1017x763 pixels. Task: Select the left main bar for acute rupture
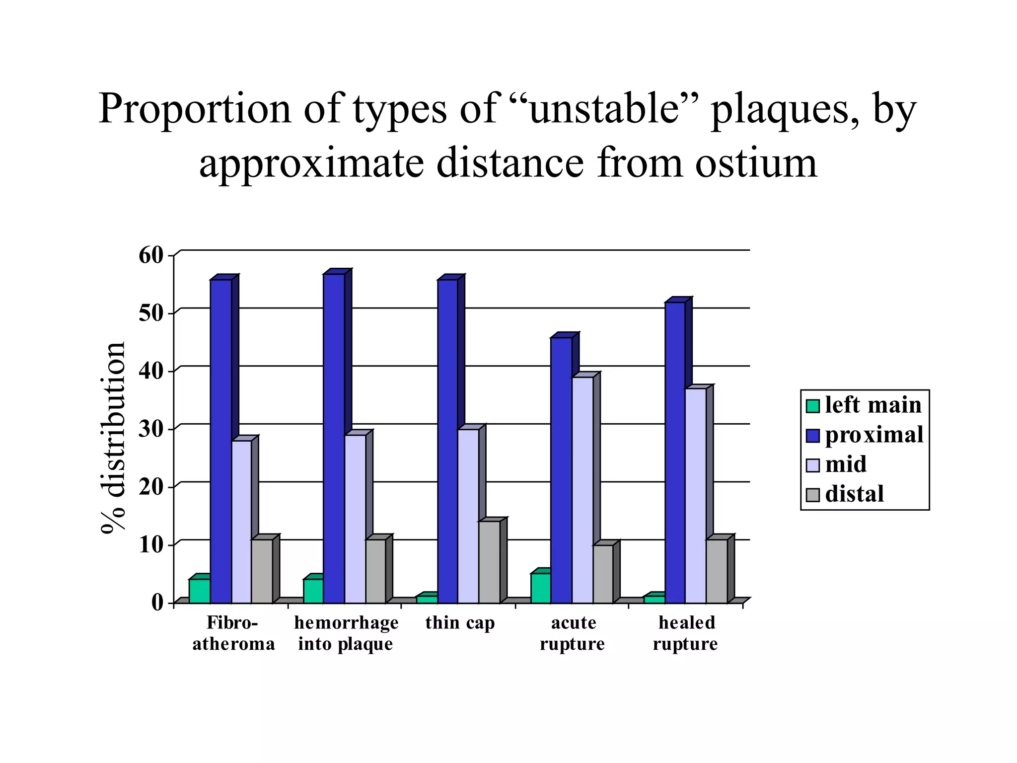click(540, 588)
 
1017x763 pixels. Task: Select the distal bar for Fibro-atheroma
click(262, 571)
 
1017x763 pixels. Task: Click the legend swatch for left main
click(812, 406)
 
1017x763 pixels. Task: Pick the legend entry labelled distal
click(854, 494)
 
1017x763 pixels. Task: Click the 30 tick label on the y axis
click(151, 429)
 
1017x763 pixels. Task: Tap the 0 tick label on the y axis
click(157, 603)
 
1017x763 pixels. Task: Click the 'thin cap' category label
click(460, 623)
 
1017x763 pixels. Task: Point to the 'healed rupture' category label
click(686, 633)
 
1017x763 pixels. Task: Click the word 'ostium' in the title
click(756, 163)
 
